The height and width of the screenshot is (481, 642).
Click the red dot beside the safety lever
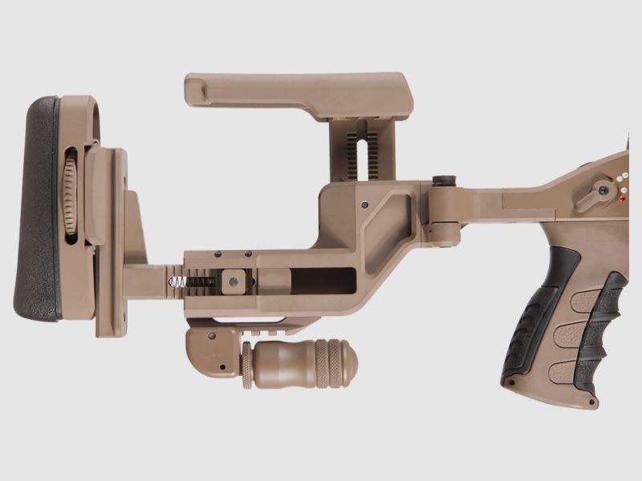click(x=622, y=196)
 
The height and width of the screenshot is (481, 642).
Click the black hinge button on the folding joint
click(x=444, y=182)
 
